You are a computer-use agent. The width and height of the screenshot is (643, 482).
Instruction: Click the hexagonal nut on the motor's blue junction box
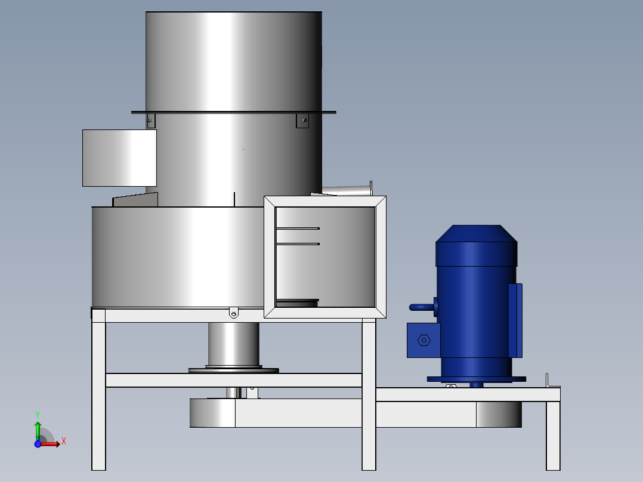click(423, 340)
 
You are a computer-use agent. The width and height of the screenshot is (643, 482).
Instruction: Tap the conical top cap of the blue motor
click(476, 233)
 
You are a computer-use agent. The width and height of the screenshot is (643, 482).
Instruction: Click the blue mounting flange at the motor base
click(476, 379)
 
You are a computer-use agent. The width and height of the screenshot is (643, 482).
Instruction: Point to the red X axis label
click(64, 441)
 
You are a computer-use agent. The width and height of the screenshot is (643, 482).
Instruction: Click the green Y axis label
click(38, 415)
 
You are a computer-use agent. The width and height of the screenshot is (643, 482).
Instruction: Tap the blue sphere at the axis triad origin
click(38, 444)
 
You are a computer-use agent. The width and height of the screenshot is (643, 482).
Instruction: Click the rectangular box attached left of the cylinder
click(119, 158)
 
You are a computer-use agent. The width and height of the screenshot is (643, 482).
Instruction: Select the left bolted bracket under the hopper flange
click(150, 120)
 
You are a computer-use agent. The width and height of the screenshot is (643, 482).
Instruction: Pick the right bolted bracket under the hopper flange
click(302, 120)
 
